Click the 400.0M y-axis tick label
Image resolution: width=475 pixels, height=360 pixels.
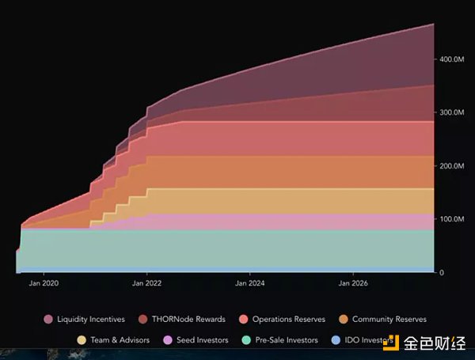click(x=452, y=59)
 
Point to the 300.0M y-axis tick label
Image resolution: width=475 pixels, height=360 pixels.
click(x=452, y=112)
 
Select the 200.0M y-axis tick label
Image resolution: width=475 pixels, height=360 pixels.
click(x=452, y=165)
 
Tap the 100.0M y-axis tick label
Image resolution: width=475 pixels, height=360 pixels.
click(x=452, y=218)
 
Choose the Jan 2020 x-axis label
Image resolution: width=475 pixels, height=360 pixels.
click(x=44, y=282)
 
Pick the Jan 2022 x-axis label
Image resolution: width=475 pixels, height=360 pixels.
click(x=147, y=282)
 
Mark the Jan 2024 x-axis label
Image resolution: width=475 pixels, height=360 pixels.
click(x=250, y=282)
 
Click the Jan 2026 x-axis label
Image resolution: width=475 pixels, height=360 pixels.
click(x=353, y=282)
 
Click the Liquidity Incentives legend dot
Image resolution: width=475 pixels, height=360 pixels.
click(x=48, y=320)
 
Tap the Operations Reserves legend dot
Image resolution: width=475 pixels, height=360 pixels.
click(x=243, y=320)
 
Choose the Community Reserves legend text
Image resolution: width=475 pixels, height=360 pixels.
click(x=389, y=320)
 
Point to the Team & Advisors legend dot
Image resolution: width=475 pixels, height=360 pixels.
click(x=82, y=340)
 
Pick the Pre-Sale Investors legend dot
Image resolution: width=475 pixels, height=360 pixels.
click(x=246, y=340)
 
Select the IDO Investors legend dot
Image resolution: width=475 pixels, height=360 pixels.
click(x=336, y=340)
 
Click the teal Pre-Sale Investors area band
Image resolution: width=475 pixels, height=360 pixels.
click(x=237, y=249)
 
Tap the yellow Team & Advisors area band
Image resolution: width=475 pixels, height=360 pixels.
click(x=277, y=200)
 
